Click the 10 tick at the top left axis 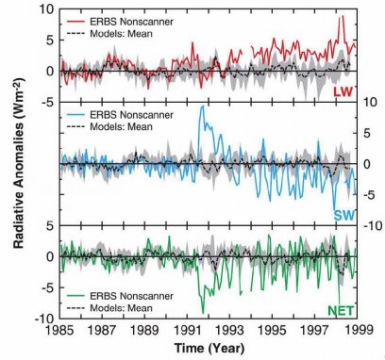pos(45,10)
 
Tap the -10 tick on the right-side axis pos(372,225)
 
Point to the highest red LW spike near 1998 pos(342,16)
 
